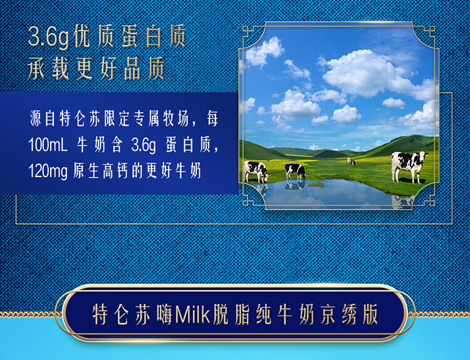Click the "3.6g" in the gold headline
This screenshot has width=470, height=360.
tap(49, 38)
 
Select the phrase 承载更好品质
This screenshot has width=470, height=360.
tap(96, 68)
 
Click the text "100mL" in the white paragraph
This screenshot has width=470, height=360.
tap(48, 145)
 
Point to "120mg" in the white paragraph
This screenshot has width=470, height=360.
tap(48, 172)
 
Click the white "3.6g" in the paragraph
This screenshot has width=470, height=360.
tap(144, 145)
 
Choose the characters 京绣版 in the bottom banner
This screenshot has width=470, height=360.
tap(350, 314)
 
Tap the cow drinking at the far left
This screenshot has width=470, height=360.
tap(256, 172)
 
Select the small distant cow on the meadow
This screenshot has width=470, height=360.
tap(351, 161)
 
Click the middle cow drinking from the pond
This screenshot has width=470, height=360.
tap(296, 172)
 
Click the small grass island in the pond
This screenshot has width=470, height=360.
tap(316, 185)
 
